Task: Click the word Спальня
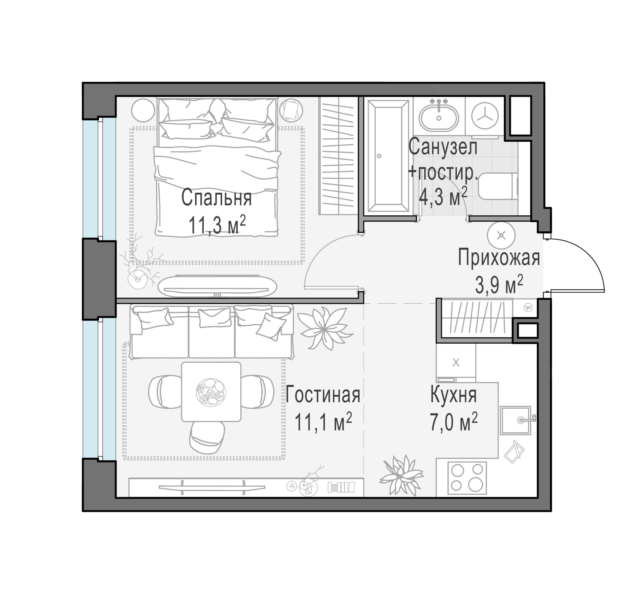[x=216, y=198]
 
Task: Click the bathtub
[x=388, y=156]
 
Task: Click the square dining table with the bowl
[x=211, y=392]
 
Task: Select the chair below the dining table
[x=207, y=438]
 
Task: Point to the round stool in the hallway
[x=501, y=235]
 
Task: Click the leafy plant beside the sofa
[x=325, y=328]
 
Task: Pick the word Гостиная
[x=323, y=394]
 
